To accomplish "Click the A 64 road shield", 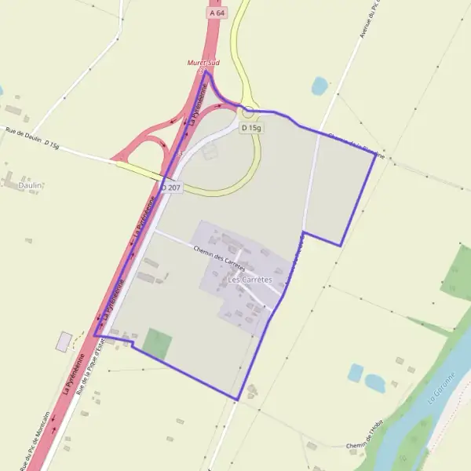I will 217,13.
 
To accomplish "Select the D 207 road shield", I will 171,188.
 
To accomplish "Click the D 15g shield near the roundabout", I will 251,127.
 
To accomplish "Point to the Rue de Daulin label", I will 22,134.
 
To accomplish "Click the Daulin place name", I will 30,185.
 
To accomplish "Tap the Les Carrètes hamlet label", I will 249,279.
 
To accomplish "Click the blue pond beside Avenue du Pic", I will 319,86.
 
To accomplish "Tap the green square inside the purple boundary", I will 157,344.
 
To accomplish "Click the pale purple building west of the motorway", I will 64,341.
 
